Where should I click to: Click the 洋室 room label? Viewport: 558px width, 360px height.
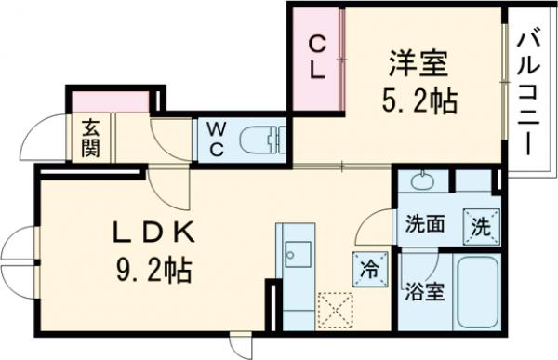418,65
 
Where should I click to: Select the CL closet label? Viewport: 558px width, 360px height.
317,57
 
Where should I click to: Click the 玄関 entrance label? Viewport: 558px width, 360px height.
91,139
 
